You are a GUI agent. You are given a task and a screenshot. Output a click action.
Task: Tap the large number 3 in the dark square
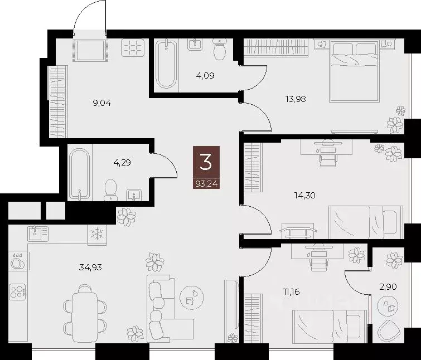click(206, 162)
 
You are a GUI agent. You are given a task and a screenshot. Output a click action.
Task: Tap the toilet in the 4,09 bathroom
click(221, 49)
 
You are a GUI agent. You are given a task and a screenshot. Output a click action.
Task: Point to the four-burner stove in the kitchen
click(17, 291)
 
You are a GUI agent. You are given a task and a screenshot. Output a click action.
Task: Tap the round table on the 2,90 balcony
click(388, 305)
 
